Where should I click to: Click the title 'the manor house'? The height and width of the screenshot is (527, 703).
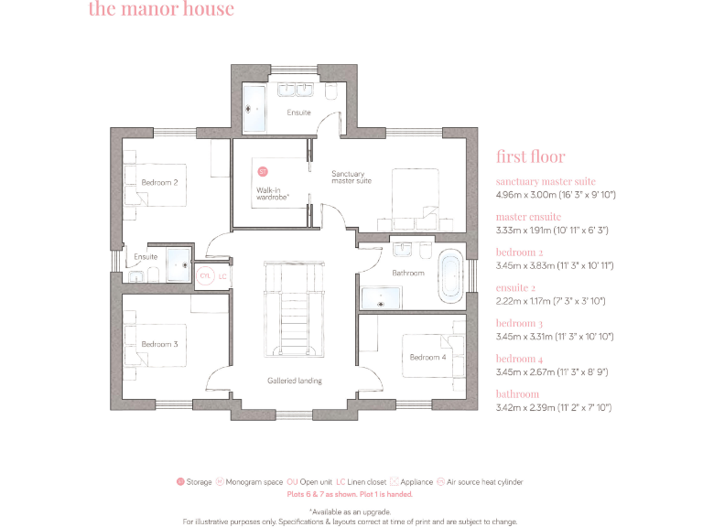click(161, 10)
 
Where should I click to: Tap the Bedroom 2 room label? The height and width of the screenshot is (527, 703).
click(159, 182)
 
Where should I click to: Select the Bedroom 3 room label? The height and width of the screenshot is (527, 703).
click(159, 344)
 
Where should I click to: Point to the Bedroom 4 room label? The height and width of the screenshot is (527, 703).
click(427, 357)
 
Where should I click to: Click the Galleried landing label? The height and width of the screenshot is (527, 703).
click(294, 381)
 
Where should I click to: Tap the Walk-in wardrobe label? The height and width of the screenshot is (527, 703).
click(273, 193)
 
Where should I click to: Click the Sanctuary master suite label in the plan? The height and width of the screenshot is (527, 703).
click(351, 177)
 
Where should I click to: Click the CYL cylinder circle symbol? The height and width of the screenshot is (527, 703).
click(205, 275)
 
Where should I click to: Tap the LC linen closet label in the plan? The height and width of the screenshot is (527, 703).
click(222, 275)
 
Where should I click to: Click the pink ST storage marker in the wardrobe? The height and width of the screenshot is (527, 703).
click(262, 171)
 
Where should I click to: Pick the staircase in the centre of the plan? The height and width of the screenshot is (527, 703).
click(294, 311)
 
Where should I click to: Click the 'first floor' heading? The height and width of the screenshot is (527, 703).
click(530, 156)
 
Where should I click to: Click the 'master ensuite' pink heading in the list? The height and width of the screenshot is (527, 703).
click(528, 217)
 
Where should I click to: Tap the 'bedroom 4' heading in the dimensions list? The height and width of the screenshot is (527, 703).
click(519, 359)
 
